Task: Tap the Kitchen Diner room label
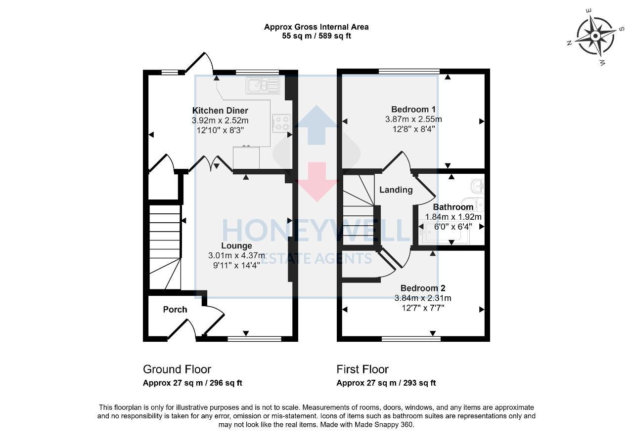pyautogui.click(x=220, y=111)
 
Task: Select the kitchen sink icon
pyautogui.click(x=263, y=85)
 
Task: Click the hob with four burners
pyautogui.click(x=282, y=123)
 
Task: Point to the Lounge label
pyautogui.click(x=237, y=245)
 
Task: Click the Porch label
pyautogui.click(x=175, y=310)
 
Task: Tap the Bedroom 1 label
pyautogui.click(x=413, y=109)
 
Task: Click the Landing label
pyautogui.click(x=396, y=190)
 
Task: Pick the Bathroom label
pyautogui.click(x=453, y=207)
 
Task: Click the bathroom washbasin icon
pyautogui.click(x=478, y=186)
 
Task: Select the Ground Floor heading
pyautogui.click(x=177, y=369)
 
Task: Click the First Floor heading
pyautogui.click(x=362, y=369)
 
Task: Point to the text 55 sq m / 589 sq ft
pyautogui.click(x=316, y=36)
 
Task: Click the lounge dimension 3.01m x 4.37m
pyautogui.click(x=234, y=255)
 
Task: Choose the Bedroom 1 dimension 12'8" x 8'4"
pyautogui.click(x=413, y=129)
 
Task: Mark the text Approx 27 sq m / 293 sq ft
pyautogui.click(x=386, y=383)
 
